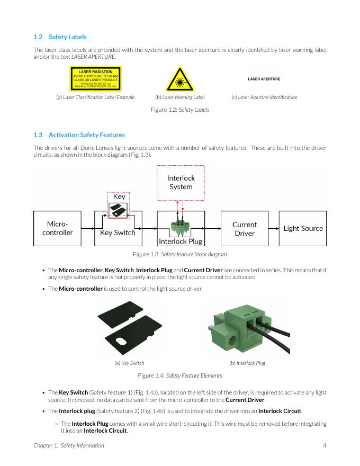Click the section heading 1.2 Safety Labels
(60, 37)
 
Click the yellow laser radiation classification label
(95, 79)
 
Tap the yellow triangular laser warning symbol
(179, 79)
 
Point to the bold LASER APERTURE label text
(264, 79)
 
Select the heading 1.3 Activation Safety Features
(79, 135)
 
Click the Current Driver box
(244, 228)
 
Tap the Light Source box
(303, 228)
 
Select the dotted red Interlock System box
(181, 182)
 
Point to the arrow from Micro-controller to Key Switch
(88, 228)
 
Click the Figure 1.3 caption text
(180, 255)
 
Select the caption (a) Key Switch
(129, 363)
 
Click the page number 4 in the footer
(324, 445)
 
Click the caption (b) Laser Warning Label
(179, 97)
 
